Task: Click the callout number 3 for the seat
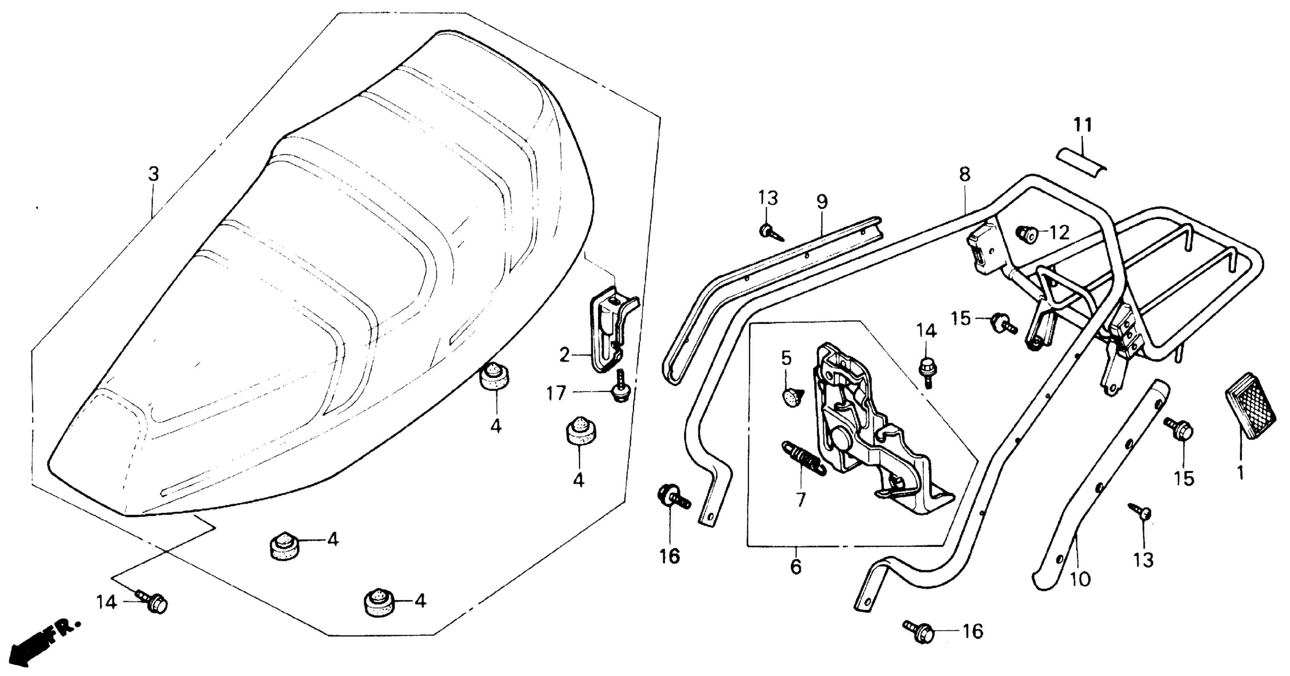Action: (153, 175)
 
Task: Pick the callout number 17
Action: (555, 393)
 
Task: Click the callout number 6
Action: (796, 567)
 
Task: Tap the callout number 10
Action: (1080, 580)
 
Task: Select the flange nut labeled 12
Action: (1025, 233)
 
